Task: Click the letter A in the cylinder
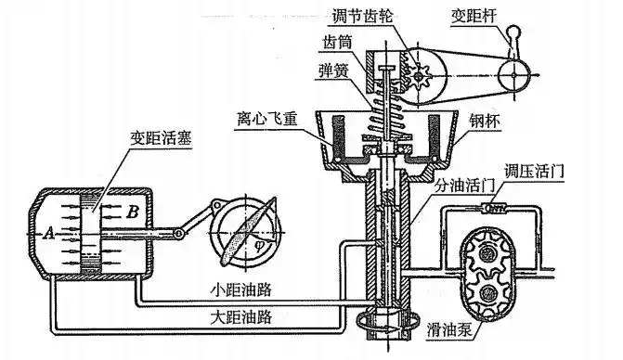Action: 48,231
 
